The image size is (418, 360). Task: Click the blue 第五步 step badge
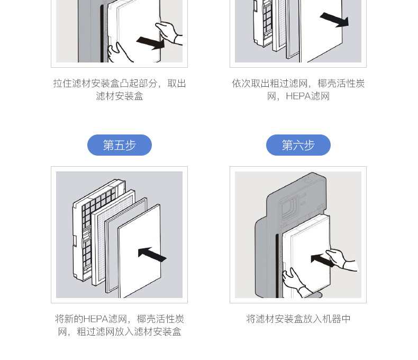[119, 145]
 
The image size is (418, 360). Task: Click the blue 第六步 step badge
[298, 145]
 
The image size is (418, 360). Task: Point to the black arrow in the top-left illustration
[151, 42]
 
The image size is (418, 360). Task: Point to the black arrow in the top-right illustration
[334, 20]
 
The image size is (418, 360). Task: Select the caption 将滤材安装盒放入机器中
[298, 319]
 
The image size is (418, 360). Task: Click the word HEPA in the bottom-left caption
[95, 319]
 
